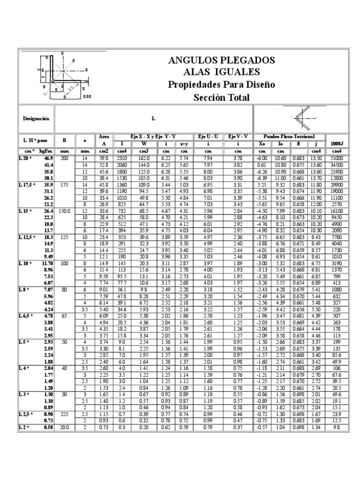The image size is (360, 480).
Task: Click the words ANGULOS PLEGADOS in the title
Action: click(x=221, y=60)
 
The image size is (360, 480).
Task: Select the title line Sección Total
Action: click(x=221, y=97)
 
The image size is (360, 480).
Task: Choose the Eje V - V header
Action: click(x=238, y=136)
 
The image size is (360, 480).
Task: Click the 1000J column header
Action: click(x=337, y=143)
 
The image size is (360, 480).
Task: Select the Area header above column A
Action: click(x=104, y=136)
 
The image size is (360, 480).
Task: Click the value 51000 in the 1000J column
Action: click(x=337, y=159)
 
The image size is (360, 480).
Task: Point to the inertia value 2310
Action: click(x=122, y=159)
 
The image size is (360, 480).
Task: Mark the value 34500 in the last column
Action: click(x=337, y=165)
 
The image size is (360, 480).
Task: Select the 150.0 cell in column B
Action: click(x=64, y=210)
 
